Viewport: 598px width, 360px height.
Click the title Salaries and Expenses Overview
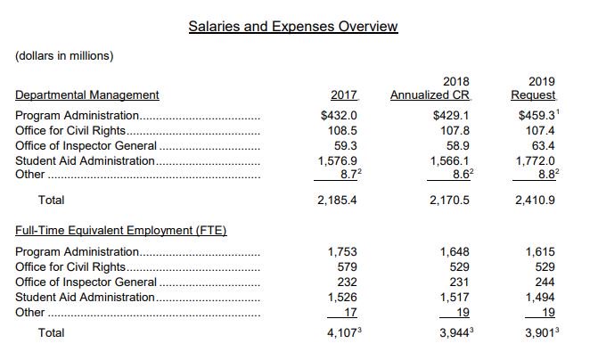[x=293, y=26]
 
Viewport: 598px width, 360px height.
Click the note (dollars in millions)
[x=63, y=56]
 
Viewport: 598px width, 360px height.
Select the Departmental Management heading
[x=87, y=94]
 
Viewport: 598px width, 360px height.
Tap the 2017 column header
[x=343, y=94]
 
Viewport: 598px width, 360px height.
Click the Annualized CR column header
[x=430, y=94]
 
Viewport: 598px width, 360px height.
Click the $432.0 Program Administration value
[x=339, y=115]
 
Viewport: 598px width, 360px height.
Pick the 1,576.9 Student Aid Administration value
[x=338, y=160]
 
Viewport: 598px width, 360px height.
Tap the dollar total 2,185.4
[x=338, y=200]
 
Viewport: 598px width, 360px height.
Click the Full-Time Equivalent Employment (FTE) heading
[x=120, y=231]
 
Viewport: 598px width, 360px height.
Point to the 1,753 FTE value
[x=342, y=251]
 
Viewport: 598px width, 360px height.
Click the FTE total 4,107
[x=340, y=332]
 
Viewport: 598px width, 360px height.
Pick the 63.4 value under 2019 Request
[x=543, y=145]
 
